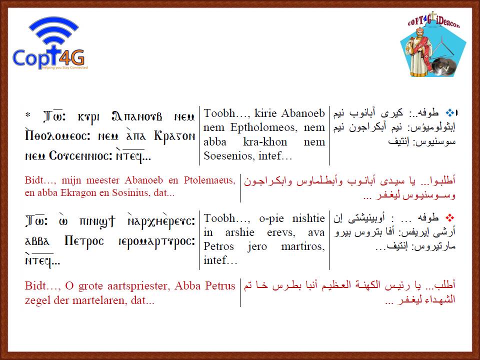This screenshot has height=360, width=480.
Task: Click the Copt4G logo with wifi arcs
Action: [x=50, y=43]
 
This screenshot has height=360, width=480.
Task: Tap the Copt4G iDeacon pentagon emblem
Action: [x=433, y=45]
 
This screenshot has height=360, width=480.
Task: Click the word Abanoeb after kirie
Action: [x=303, y=113]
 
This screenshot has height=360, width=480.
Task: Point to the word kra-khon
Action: [x=265, y=141]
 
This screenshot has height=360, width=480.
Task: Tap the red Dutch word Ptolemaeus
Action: [x=209, y=180]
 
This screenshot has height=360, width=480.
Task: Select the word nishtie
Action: [x=308, y=218]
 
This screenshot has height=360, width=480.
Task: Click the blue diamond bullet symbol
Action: [x=449, y=113]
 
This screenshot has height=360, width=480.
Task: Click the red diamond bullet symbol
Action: [x=449, y=218]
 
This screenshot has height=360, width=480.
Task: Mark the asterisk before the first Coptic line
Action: [x=28, y=115]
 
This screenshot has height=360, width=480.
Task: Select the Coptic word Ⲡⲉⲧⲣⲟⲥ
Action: [x=84, y=241]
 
